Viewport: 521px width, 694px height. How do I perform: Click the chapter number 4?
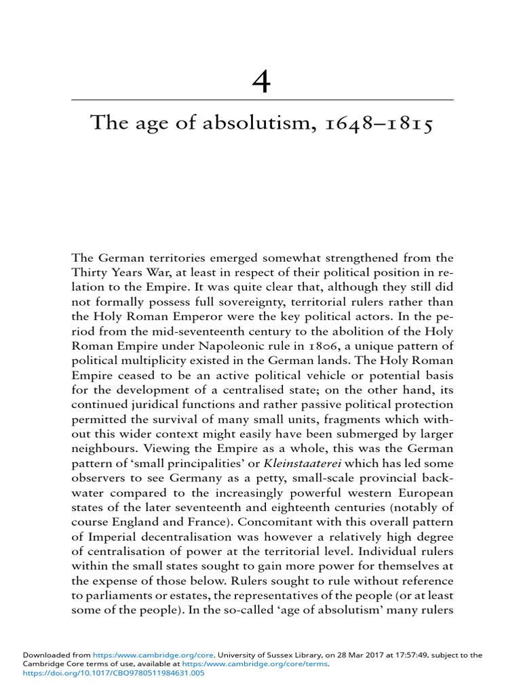click(x=260, y=82)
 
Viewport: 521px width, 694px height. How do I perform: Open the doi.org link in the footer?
click(x=113, y=674)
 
